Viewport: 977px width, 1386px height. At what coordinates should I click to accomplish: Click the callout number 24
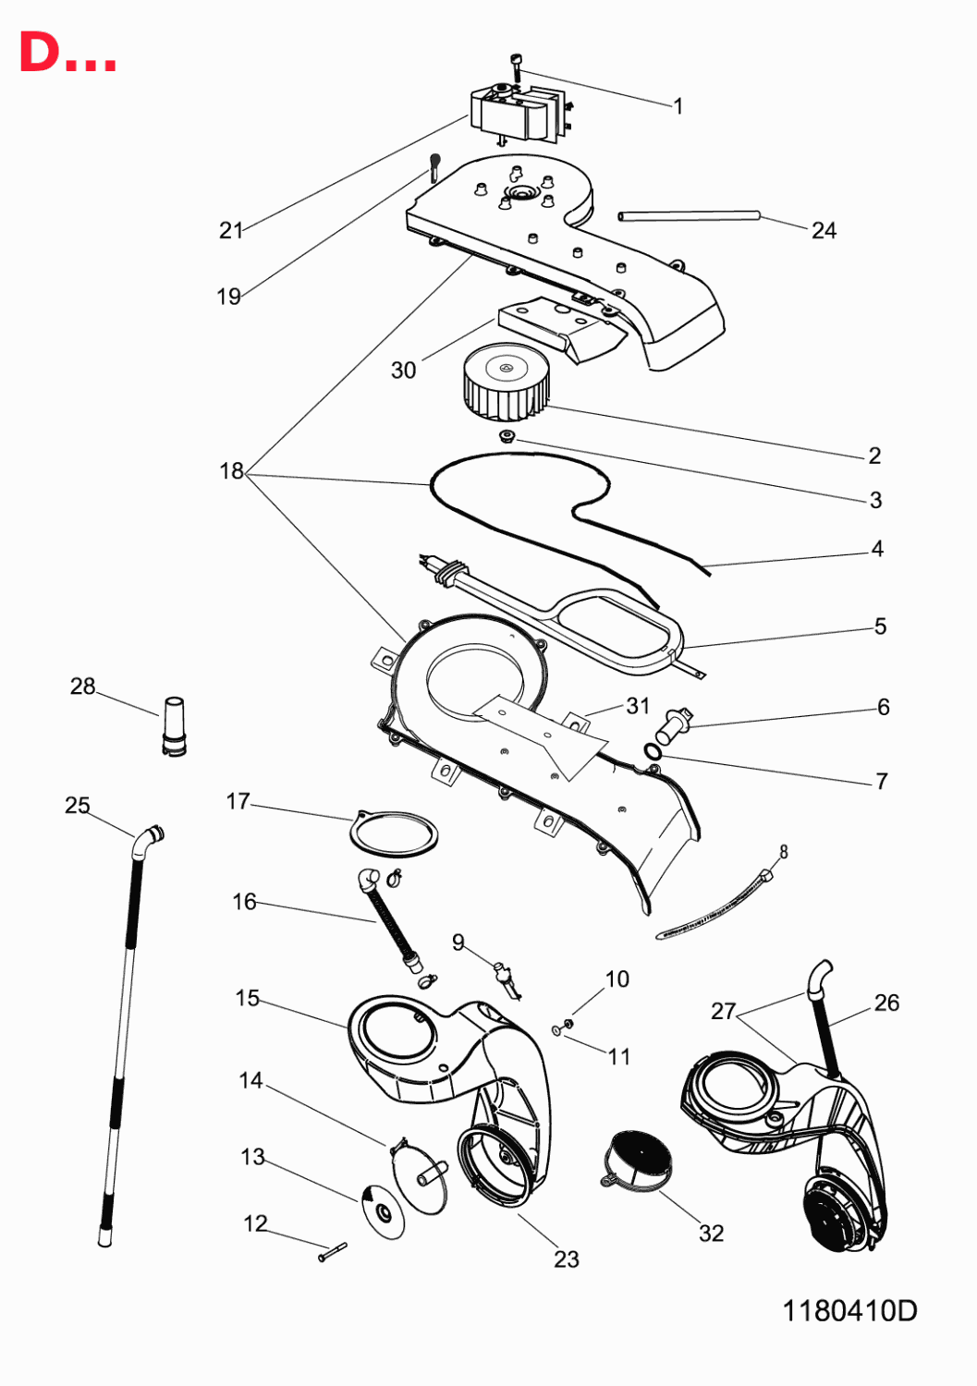click(x=824, y=231)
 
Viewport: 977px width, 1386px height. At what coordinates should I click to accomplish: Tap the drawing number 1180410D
click(x=850, y=1310)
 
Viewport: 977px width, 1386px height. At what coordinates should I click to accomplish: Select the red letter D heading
click(x=40, y=52)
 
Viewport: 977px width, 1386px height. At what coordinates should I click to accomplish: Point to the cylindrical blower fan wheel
click(x=506, y=382)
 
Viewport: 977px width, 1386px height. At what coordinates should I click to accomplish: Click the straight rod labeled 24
click(x=689, y=215)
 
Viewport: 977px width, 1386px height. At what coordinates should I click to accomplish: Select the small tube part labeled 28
click(x=174, y=726)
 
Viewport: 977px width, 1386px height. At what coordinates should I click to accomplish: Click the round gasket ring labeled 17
click(x=394, y=833)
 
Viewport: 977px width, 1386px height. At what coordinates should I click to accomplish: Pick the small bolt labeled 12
click(x=333, y=1252)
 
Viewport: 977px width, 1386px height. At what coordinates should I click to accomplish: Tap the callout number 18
click(x=232, y=471)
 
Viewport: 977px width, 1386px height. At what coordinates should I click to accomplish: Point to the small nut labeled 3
click(x=507, y=437)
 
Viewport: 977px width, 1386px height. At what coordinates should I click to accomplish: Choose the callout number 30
click(x=403, y=370)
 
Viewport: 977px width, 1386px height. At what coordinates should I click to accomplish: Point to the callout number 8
click(x=783, y=852)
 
